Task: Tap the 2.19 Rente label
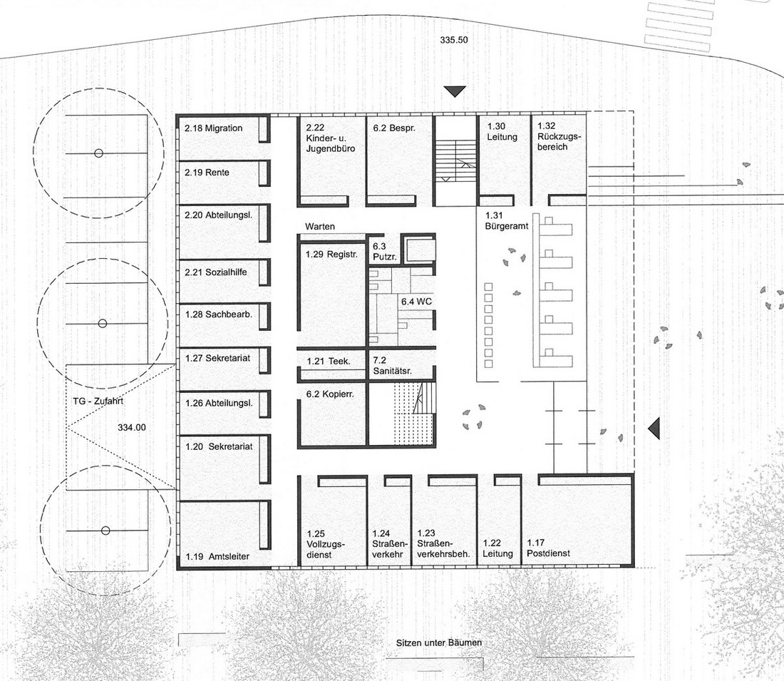click(207, 173)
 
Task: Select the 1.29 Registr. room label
click(332, 254)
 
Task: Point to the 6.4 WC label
click(416, 302)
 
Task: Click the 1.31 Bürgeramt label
click(507, 220)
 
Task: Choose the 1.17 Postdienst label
click(549, 548)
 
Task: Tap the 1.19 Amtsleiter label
click(217, 556)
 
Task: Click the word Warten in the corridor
click(320, 227)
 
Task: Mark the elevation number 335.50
click(454, 39)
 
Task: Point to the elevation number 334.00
click(132, 427)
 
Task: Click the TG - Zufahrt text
click(98, 401)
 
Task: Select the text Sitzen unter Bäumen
click(439, 643)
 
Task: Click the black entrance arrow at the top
click(455, 91)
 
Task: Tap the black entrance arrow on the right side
click(654, 429)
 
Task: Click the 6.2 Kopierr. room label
click(330, 394)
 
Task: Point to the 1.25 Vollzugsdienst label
click(326, 544)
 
